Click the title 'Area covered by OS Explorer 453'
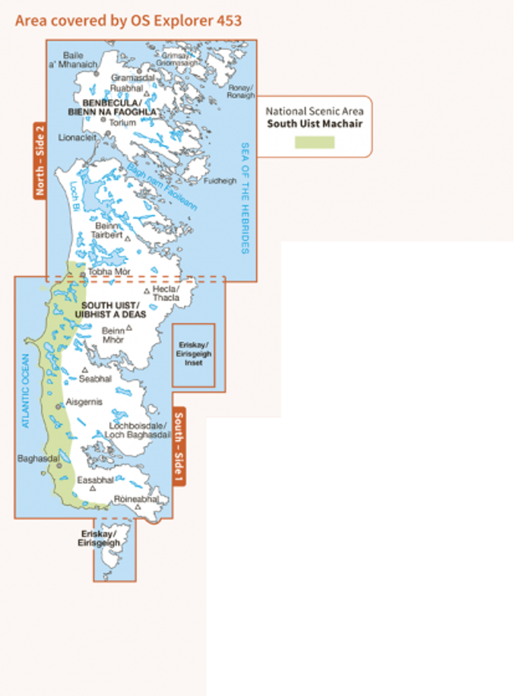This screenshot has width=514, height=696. (x=128, y=21)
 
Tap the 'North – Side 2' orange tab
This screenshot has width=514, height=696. (x=40, y=161)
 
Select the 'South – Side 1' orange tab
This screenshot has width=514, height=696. (x=179, y=446)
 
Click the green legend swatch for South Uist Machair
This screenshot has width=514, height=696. (x=314, y=143)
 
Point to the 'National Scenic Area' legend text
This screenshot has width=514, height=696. (x=314, y=111)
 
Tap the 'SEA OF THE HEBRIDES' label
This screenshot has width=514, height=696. (x=244, y=198)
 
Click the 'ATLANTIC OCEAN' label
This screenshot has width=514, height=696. (x=26, y=392)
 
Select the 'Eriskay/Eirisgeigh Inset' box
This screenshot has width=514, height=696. (x=193, y=354)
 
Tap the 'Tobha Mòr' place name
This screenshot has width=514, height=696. (x=109, y=272)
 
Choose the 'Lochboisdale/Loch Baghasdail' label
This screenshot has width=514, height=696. (x=138, y=430)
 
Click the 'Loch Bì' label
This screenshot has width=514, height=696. (x=74, y=191)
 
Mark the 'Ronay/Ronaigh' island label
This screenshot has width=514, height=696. (x=241, y=92)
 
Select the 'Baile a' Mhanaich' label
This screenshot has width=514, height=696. (x=76, y=60)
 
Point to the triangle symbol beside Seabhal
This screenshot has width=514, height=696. (x=84, y=370)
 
